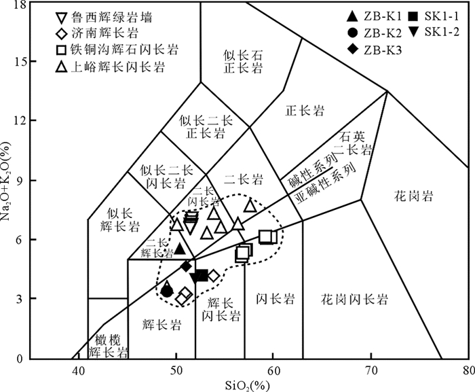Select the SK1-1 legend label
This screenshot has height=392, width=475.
pyautogui.click(x=442, y=16)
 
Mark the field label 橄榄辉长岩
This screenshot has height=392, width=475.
pyautogui.click(x=107, y=345)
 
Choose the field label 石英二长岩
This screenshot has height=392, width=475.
pyautogui.click(x=356, y=143)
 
